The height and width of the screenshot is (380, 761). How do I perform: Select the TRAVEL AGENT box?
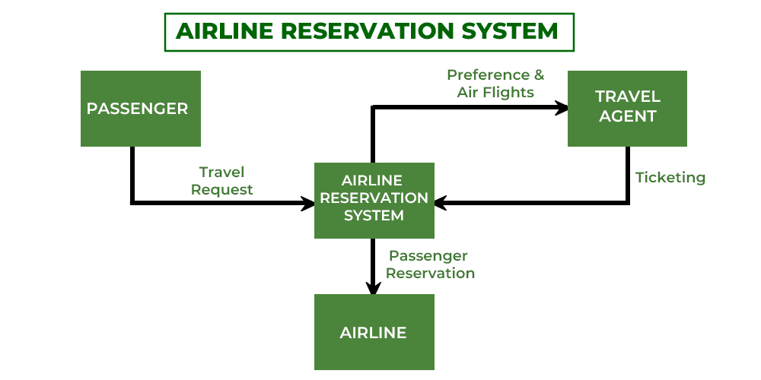point(628,108)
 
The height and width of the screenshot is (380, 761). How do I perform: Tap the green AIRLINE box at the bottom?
point(374,332)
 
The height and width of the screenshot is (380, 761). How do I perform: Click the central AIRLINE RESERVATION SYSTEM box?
point(374,200)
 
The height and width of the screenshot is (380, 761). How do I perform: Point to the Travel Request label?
point(222,181)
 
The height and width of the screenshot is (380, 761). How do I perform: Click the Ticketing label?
point(670,178)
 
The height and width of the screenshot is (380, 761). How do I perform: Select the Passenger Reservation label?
point(430,264)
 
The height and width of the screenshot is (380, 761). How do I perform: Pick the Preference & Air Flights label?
point(495,84)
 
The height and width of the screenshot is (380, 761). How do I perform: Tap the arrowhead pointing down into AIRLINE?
point(373,288)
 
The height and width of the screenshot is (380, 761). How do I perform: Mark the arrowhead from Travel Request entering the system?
point(308,203)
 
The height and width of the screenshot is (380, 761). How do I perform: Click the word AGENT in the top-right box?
point(628,117)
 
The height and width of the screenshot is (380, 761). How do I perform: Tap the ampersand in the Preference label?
point(539,75)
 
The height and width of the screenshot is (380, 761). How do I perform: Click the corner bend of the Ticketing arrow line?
point(628,203)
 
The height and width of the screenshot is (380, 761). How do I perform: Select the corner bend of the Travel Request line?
point(132,203)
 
